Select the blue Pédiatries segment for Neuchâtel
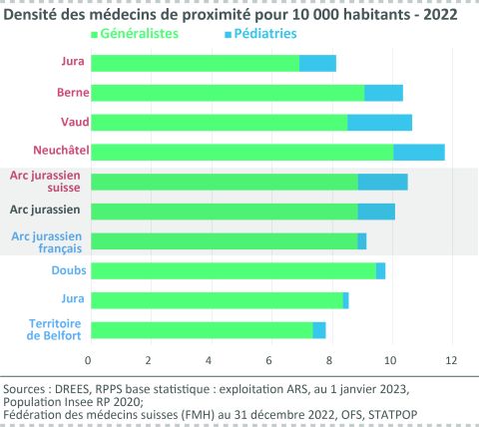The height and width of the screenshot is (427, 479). tap(419, 152)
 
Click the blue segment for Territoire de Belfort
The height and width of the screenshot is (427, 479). tap(319, 330)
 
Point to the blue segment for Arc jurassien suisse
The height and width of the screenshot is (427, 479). tap(382, 182)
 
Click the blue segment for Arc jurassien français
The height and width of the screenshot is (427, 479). tap(361, 240)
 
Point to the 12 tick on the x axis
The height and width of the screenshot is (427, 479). tap(452, 359)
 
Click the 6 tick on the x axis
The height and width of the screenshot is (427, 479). tap(270, 359)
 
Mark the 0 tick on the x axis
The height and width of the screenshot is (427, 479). tap(89, 359)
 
